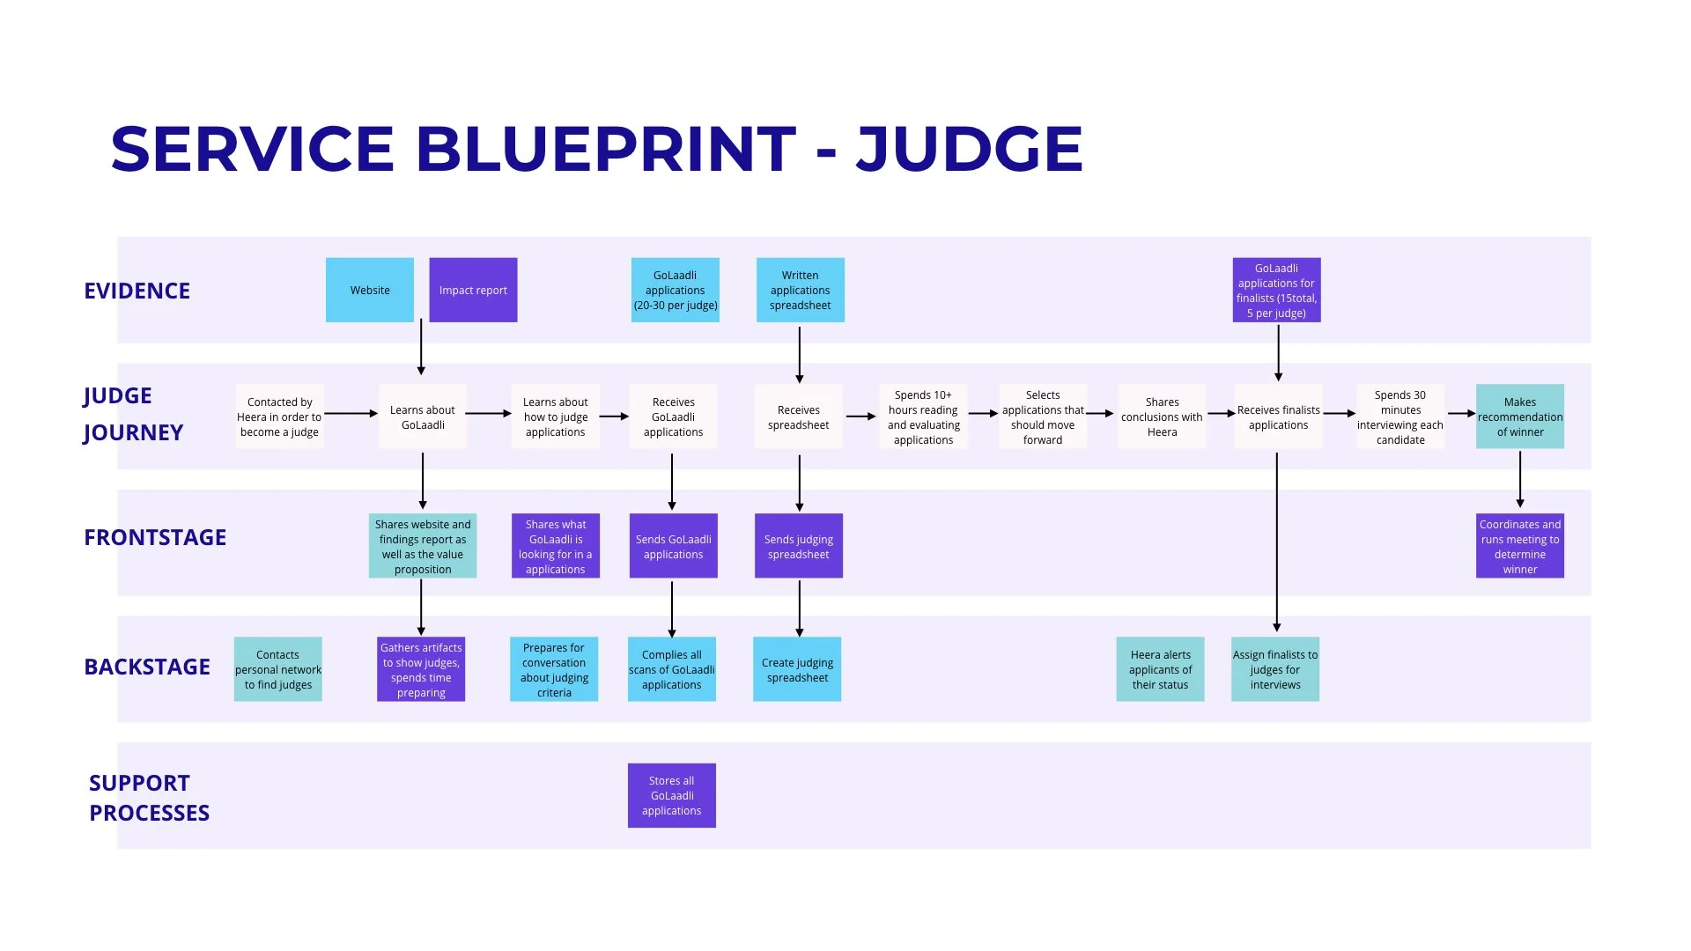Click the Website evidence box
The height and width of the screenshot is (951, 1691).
pos(369,290)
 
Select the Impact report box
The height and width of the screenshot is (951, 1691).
pos(473,290)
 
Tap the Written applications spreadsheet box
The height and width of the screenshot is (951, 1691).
pos(800,290)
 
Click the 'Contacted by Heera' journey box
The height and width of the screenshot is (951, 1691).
pos(279,417)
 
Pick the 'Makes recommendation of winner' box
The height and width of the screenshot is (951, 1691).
pos(1519,417)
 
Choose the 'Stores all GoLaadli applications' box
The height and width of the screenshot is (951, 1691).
pos(671,795)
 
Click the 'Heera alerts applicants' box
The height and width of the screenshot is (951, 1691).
pos(1160,669)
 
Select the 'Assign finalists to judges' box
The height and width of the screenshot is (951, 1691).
pos(1274,669)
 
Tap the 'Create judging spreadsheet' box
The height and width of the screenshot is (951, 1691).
pos(797,669)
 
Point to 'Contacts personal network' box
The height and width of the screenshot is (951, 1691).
pos(277,669)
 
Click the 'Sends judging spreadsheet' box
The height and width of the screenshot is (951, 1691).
pos(798,546)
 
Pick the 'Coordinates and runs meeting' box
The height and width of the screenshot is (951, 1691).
pos(1519,546)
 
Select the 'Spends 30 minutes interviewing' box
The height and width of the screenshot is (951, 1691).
pos(1399,417)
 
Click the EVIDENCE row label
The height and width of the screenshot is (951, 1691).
pos(137,291)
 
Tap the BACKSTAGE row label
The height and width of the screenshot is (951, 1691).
pos(147,667)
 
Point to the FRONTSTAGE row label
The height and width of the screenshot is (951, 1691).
pos(155,537)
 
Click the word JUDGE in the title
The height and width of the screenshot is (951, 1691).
pos(969,149)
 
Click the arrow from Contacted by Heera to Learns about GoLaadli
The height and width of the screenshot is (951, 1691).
pos(351,413)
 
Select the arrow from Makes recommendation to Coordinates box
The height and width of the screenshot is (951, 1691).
pos(1519,480)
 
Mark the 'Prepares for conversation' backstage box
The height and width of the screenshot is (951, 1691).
pos(553,669)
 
